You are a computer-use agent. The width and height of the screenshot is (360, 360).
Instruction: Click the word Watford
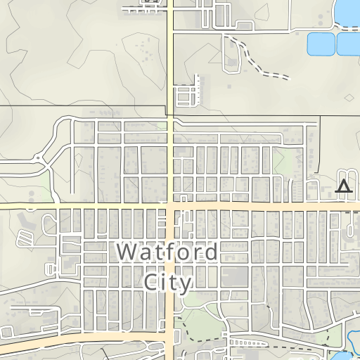pyautogui.click(x=167, y=252)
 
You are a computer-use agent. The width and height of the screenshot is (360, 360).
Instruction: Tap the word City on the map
pyautogui.click(x=167, y=283)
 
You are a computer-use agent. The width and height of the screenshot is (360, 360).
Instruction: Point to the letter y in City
pyautogui.click(x=185, y=284)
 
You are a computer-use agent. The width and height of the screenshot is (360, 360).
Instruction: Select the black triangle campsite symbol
pyautogui.click(x=343, y=186)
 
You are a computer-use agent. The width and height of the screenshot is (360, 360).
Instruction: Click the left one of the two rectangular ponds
pyautogui.click(x=321, y=44)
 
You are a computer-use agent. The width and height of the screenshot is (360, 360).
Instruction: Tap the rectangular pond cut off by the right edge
pyautogui.click(x=349, y=44)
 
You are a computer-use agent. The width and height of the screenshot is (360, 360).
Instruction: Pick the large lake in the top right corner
pyautogui.click(x=349, y=11)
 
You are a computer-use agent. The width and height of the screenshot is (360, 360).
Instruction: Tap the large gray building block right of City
pyautogui.click(x=243, y=275)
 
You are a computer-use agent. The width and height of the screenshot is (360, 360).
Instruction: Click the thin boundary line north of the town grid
pyautogui.click(x=84, y=106)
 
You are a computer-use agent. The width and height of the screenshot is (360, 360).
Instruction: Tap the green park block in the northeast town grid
pyautogui.click(x=283, y=160)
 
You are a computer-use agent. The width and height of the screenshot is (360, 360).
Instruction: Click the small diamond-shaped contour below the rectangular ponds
pyautogui.click(x=350, y=97)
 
